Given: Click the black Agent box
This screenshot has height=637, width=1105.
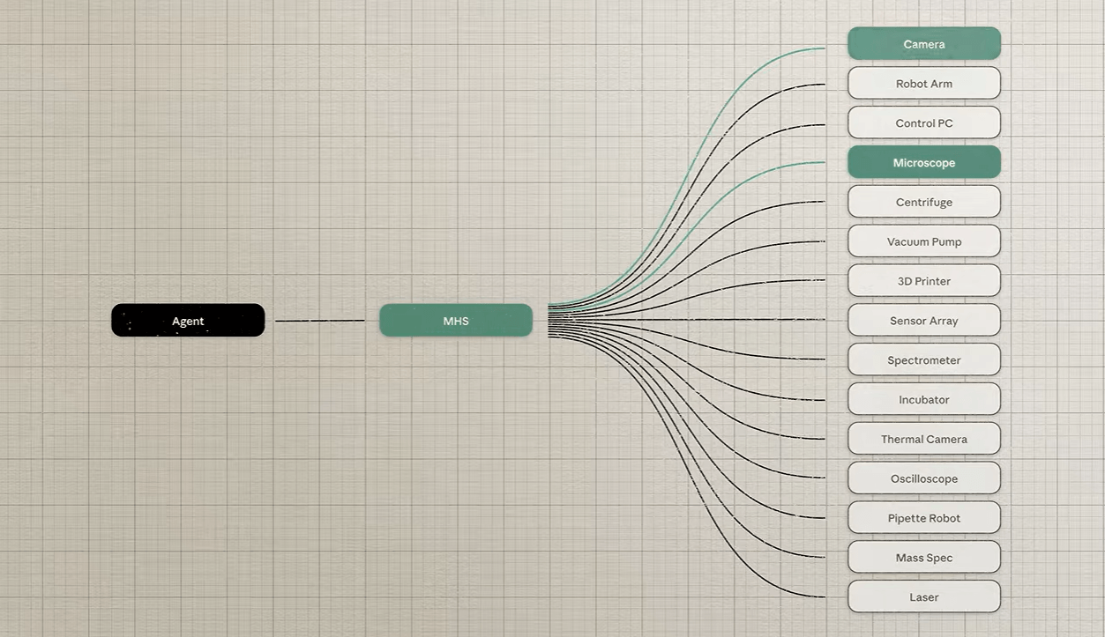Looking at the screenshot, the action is [x=188, y=320].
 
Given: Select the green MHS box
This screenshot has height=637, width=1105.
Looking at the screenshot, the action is [x=456, y=320].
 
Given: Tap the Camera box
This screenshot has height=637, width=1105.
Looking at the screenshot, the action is [x=924, y=43].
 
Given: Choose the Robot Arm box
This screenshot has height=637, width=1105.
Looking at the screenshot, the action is [x=924, y=83].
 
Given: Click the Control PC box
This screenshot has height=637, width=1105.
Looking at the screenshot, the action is [x=924, y=122].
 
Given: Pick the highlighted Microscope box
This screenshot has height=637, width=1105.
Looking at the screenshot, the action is [x=924, y=162].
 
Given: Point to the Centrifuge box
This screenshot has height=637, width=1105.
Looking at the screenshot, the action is [x=924, y=202].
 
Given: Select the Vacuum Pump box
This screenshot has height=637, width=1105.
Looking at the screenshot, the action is [x=924, y=241].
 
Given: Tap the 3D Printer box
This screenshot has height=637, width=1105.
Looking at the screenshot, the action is [x=924, y=280].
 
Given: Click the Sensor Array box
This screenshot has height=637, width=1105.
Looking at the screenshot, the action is [x=924, y=320].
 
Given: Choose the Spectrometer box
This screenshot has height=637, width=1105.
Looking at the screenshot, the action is [x=924, y=359].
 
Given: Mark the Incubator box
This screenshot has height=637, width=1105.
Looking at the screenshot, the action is [x=924, y=399].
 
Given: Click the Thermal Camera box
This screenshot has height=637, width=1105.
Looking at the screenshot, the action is [x=924, y=439].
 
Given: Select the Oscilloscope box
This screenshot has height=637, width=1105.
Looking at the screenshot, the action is [x=924, y=478].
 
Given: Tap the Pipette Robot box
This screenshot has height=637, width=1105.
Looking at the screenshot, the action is [x=924, y=517].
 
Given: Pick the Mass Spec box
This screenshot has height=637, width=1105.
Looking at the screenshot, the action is [x=924, y=557].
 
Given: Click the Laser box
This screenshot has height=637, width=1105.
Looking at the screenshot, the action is [x=924, y=596].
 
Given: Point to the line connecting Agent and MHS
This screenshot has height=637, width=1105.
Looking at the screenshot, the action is [x=319, y=321].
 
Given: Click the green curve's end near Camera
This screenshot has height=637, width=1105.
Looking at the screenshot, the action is [x=825, y=48].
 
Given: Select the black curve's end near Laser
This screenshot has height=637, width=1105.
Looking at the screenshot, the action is [x=825, y=596].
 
